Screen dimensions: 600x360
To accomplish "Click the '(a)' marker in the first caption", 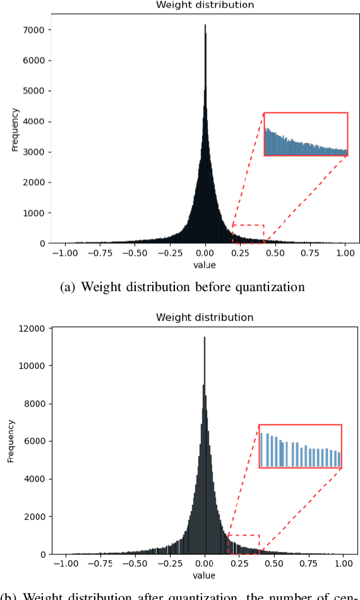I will coord(66,287).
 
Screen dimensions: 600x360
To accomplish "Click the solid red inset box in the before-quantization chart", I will coord(306,134).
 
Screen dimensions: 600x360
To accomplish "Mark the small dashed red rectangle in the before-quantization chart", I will coord(248,234).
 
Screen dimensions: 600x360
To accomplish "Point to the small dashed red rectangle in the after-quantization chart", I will coord(244,544).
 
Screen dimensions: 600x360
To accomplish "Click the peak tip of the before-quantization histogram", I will coord(205,26).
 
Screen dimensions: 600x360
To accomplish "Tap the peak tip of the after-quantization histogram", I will coord(204,337).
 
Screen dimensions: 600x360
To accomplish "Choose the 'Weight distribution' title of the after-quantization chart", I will coord(205,317).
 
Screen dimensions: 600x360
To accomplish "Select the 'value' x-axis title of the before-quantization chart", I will coord(205,265).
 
